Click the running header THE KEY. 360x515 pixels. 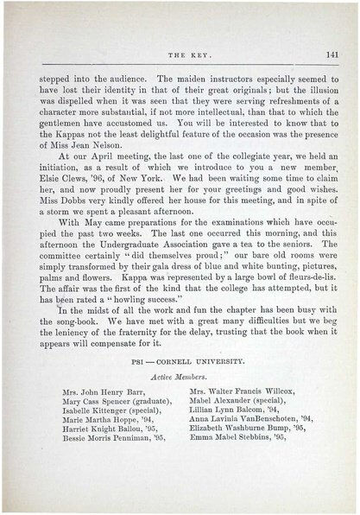click(180, 54)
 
